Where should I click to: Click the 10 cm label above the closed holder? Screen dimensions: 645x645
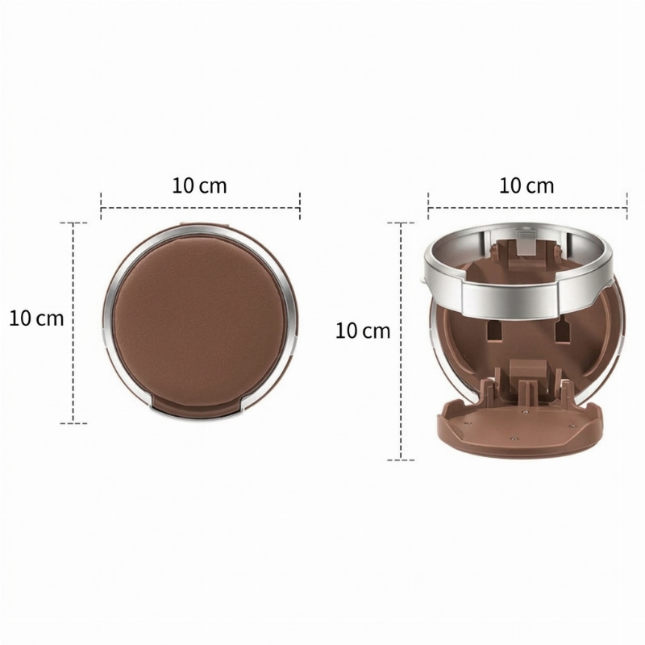(x=199, y=185)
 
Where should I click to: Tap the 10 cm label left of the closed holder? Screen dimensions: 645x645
(x=36, y=318)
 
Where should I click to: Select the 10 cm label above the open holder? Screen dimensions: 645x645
(x=526, y=185)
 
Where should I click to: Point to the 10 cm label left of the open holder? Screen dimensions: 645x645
(x=363, y=331)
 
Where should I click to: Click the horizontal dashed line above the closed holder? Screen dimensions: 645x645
(x=200, y=208)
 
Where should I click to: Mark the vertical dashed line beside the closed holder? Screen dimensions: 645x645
(x=73, y=323)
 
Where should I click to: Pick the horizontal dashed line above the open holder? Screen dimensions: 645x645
(x=528, y=208)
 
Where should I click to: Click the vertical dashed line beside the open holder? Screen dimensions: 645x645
(x=401, y=341)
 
